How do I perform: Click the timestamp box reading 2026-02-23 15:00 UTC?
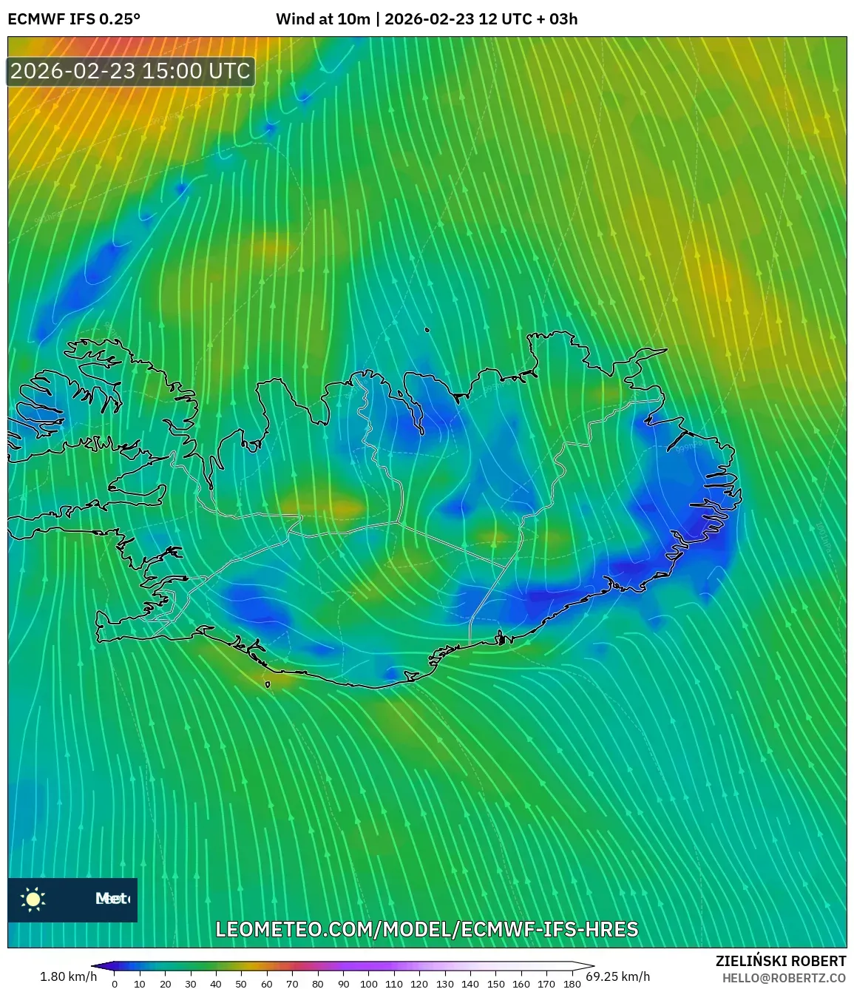pos(131,71)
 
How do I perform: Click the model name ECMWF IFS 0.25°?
pos(74,19)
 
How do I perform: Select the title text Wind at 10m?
pos(322,19)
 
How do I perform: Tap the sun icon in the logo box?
pos(33,899)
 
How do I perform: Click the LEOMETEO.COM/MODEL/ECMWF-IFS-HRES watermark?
pos(427,930)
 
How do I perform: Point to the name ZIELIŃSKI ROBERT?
pos(781,961)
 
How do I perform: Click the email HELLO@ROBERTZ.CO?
pos(784,978)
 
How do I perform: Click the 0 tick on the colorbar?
pos(114,984)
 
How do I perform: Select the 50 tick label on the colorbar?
pos(241,984)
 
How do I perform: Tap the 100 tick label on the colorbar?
pos(368,984)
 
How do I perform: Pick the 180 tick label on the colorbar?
pos(572,984)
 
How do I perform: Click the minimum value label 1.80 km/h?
pos(68,976)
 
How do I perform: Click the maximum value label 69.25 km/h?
pos(618,976)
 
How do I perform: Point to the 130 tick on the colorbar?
pos(444,984)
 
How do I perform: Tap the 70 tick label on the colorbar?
pos(292,984)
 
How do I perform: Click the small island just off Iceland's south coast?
pos(268,684)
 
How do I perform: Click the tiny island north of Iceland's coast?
pos(427,331)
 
